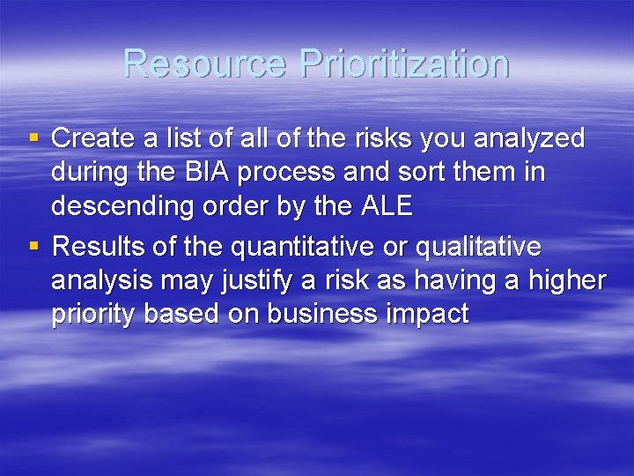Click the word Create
click(93, 138)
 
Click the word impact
click(426, 315)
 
